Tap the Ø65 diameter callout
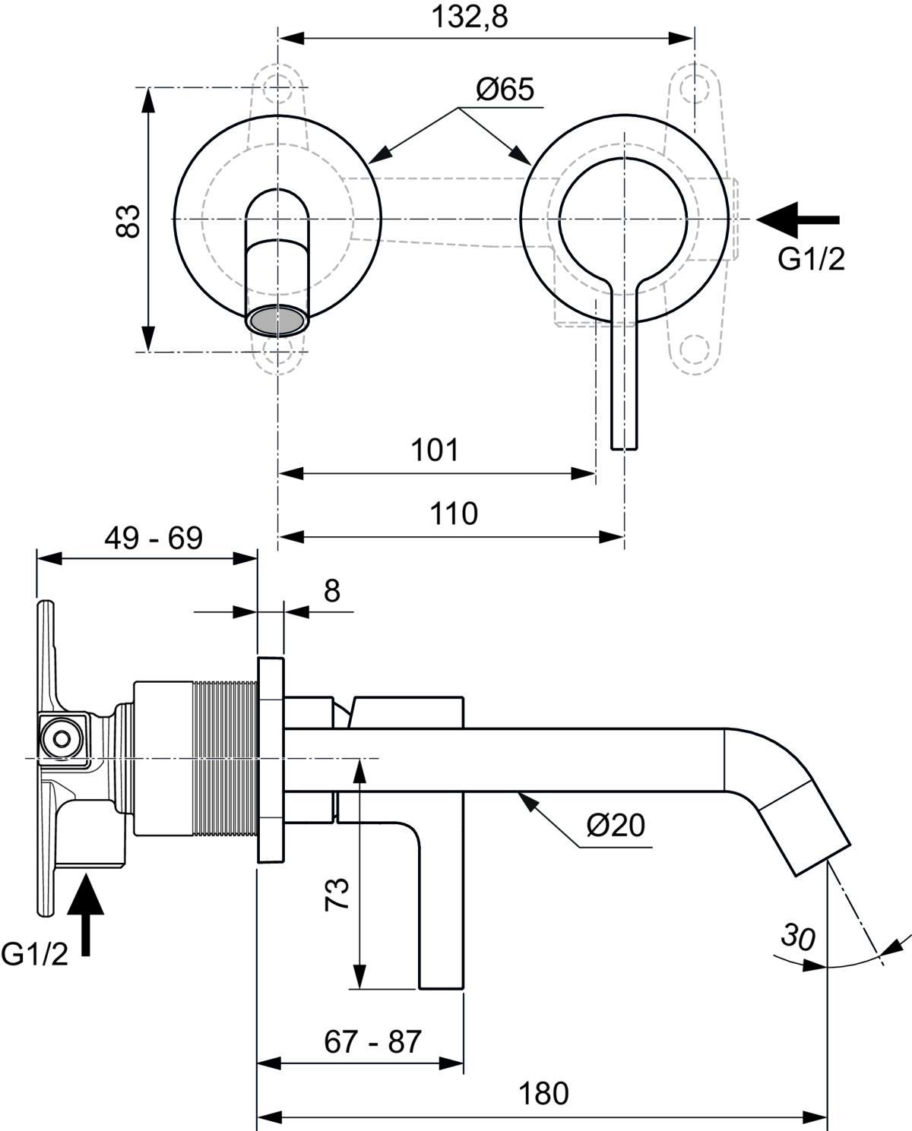click(x=505, y=90)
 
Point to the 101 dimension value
click(x=435, y=450)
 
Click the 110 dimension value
click(x=454, y=513)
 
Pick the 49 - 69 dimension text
click(x=154, y=539)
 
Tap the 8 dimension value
click(x=332, y=590)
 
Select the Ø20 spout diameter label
click(x=616, y=825)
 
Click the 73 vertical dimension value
click(x=337, y=893)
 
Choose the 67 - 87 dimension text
click(x=372, y=1041)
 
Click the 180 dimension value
click(x=543, y=1095)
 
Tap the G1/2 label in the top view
click(x=811, y=260)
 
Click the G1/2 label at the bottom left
click(x=35, y=954)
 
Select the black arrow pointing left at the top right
click(x=798, y=220)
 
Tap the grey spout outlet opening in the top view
click(x=277, y=320)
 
